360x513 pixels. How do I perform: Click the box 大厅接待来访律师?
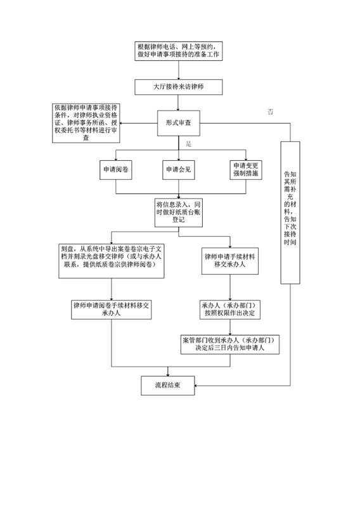(178, 87)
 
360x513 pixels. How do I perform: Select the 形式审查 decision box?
(178, 123)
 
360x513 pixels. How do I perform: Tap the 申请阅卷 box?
(115, 170)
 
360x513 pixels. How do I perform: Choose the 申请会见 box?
(178, 170)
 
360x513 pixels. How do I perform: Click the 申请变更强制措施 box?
(245, 170)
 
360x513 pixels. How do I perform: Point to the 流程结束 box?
(167, 386)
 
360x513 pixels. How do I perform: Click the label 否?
(271, 112)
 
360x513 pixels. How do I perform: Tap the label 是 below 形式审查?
(188, 144)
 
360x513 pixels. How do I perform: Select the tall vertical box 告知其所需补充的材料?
(290, 213)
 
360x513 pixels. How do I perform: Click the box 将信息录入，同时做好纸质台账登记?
(178, 212)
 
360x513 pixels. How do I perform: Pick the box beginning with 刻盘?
(112, 261)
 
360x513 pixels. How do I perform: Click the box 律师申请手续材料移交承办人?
(229, 261)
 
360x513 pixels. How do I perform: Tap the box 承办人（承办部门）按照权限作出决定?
(229, 310)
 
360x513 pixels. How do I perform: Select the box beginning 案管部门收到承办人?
(229, 344)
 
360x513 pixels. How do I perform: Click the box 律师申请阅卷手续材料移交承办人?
(112, 310)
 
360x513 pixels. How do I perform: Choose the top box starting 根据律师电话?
(178, 51)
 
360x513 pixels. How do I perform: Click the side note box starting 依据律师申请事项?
(86, 123)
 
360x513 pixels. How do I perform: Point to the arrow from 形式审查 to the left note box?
(138, 123)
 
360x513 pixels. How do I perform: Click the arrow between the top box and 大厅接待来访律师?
(178, 70)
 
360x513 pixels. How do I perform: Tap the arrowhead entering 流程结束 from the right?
(196, 386)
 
